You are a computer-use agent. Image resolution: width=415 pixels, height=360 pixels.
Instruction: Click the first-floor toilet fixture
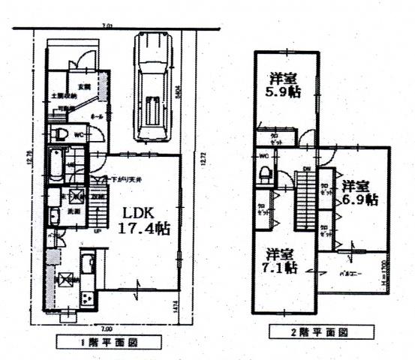click(x=60, y=136)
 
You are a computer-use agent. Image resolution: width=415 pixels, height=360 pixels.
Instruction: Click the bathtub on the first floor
click(x=56, y=165)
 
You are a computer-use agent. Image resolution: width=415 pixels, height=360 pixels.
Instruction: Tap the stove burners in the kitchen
click(x=86, y=298)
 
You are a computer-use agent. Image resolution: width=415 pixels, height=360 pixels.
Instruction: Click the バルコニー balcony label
click(x=346, y=274)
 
